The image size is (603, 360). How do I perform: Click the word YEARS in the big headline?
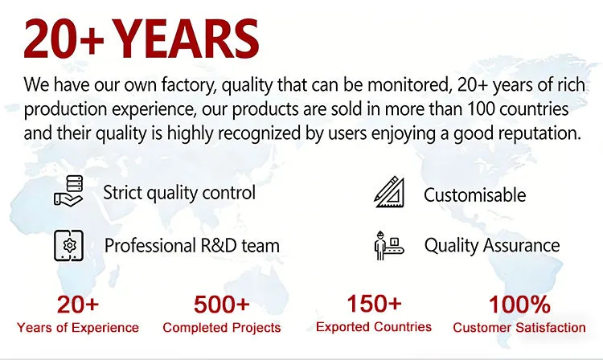pos(187,39)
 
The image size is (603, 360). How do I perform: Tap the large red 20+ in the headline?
pos(64,39)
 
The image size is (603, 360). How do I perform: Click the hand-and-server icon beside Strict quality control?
pos(69,191)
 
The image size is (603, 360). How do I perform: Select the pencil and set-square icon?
pos(390,192)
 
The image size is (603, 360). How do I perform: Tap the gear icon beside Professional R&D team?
pos(69,246)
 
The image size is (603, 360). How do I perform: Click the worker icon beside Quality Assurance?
pos(389,246)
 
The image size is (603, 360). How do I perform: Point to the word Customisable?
pos(475,195)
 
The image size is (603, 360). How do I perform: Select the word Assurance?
pos(522,245)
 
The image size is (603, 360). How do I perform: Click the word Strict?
pos(123,193)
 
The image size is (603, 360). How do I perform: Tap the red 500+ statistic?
pos(222,305)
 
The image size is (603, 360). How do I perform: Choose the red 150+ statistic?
pos(374,304)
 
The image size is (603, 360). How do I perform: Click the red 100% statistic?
pos(519,305)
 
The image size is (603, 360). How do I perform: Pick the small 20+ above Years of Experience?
pos(78,305)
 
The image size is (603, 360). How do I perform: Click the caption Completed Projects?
pos(222,328)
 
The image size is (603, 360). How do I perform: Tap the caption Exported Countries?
pos(374,327)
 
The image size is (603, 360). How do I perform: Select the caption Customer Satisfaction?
pos(519,328)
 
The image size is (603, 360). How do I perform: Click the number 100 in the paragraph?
pos(481,109)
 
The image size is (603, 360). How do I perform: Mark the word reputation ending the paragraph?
pos(539,133)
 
